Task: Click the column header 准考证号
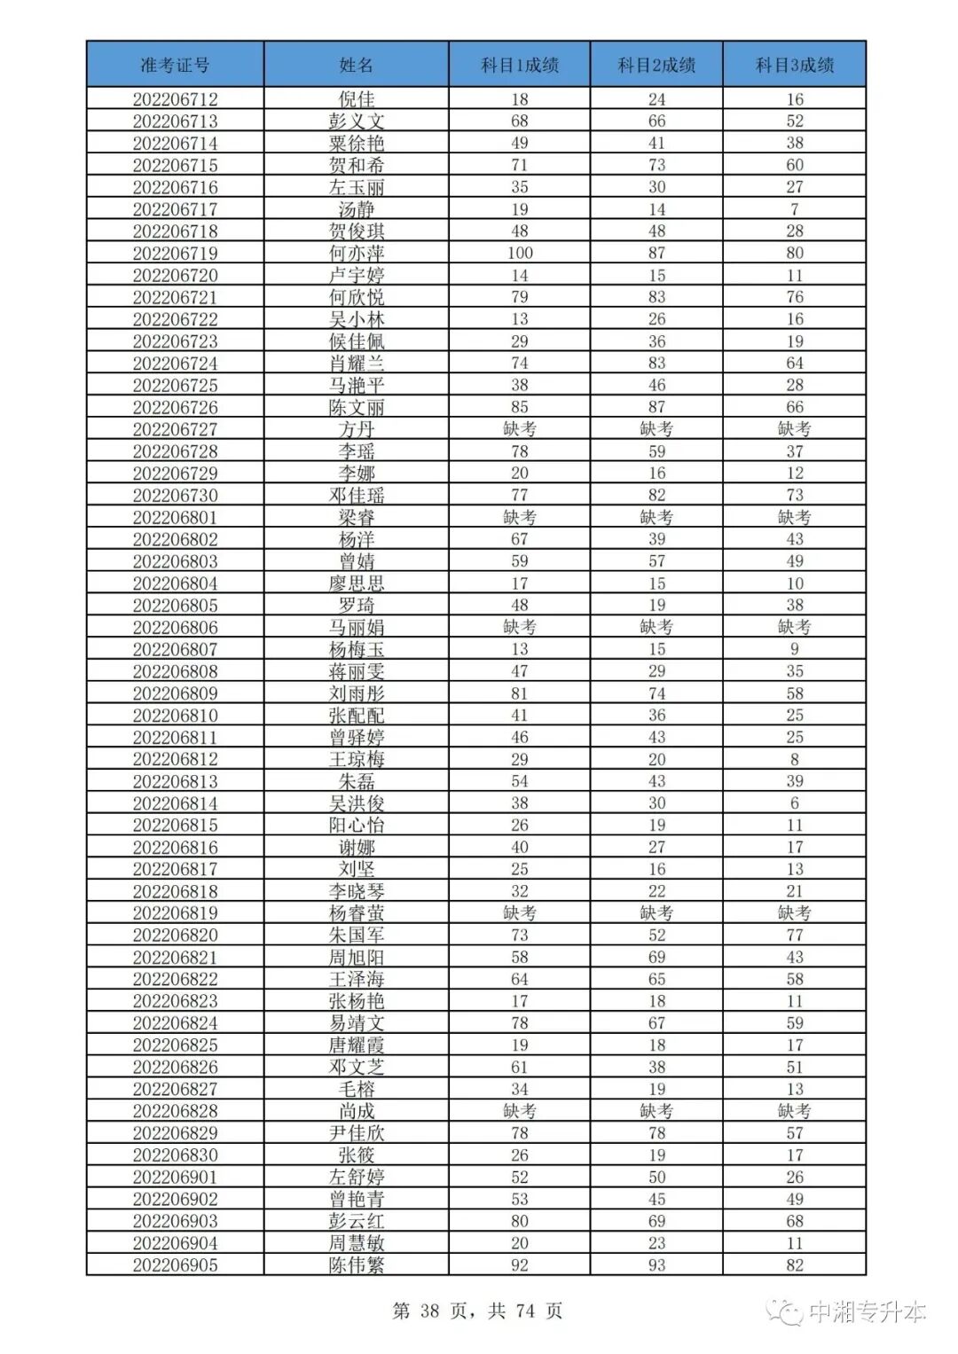(x=175, y=65)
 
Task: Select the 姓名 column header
(x=356, y=65)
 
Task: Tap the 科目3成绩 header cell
(x=794, y=65)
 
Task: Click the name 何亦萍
(x=356, y=254)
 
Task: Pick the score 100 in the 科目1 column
(x=520, y=254)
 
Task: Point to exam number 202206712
(x=175, y=99)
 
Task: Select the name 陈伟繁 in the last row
(x=356, y=1265)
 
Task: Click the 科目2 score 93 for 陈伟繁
(x=656, y=1265)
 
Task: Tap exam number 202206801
(x=175, y=518)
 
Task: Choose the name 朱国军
(x=356, y=935)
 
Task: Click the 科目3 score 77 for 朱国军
(x=794, y=935)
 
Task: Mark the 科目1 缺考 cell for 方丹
(x=520, y=429)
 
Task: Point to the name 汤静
(x=356, y=210)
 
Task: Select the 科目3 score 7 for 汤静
(x=794, y=210)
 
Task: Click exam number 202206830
(x=175, y=1155)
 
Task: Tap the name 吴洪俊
(x=356, y=803)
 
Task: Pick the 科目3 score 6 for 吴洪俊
(x=794, y=803)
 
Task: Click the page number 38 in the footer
(x=430, y=1311)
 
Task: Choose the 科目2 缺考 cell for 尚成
(x=656, y=1111)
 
